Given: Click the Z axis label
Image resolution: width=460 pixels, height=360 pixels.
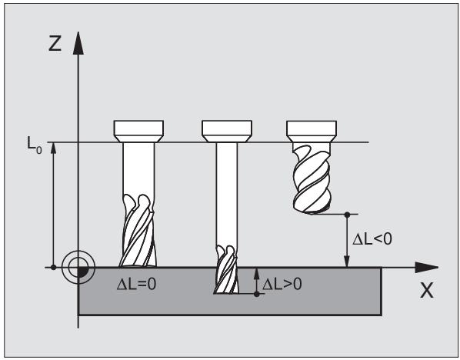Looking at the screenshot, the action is coord(55,43).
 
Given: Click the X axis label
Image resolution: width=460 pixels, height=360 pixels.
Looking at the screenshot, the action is coord(427,291).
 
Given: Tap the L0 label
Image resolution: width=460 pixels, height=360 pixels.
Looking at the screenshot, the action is coord(35,145).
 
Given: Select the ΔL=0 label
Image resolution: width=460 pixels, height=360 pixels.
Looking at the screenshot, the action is coord(136,284).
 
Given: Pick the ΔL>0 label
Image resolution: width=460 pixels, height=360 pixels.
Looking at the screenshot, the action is coord(282,284).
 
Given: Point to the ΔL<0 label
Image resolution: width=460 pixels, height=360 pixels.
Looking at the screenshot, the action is coord(372,238).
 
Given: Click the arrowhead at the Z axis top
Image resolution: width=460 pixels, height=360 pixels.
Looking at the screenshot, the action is coord(78,43).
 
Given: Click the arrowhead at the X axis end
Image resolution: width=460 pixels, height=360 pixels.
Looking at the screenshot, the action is coord(427,267).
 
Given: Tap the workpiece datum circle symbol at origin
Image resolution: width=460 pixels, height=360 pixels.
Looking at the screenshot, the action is coord(78,267).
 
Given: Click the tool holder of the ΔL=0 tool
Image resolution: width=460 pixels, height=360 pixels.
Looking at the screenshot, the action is coord(138,131).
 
